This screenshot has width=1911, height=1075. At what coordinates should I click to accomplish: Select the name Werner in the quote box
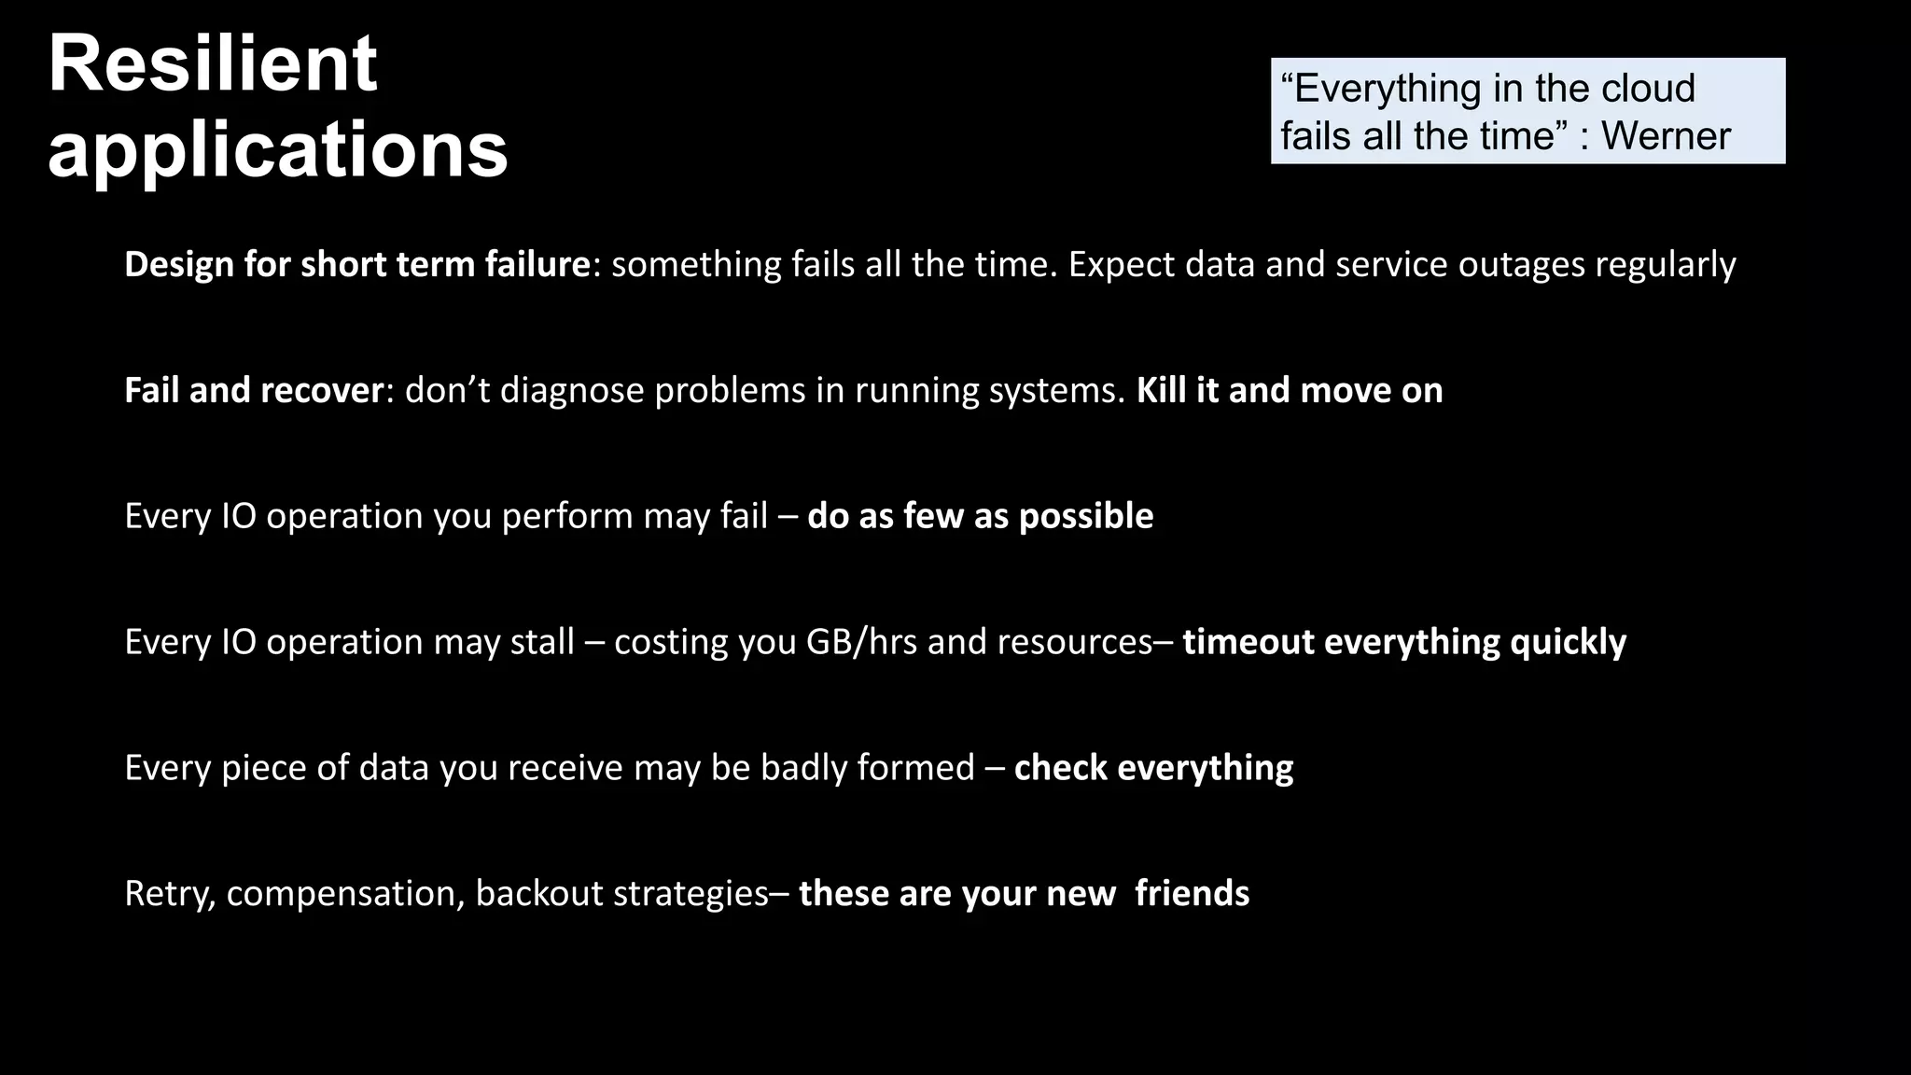(x=1666, y=136)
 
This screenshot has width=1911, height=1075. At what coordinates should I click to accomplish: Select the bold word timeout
(x=1248, y=642)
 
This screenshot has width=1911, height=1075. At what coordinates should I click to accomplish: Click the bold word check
(x=1060, y=768)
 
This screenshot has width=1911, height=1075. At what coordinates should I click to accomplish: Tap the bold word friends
(x=1192, y=894)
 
